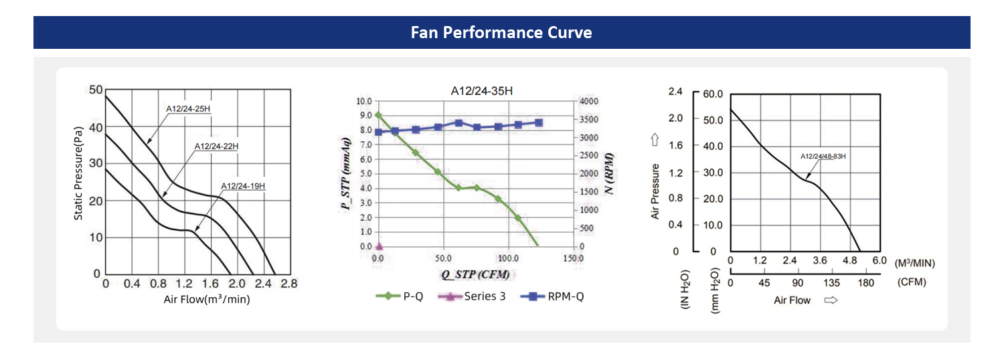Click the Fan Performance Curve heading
501,32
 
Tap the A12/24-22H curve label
216,146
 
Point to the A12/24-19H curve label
243,185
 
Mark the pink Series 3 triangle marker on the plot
379,246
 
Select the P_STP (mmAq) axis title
346,173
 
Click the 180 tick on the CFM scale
866,282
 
